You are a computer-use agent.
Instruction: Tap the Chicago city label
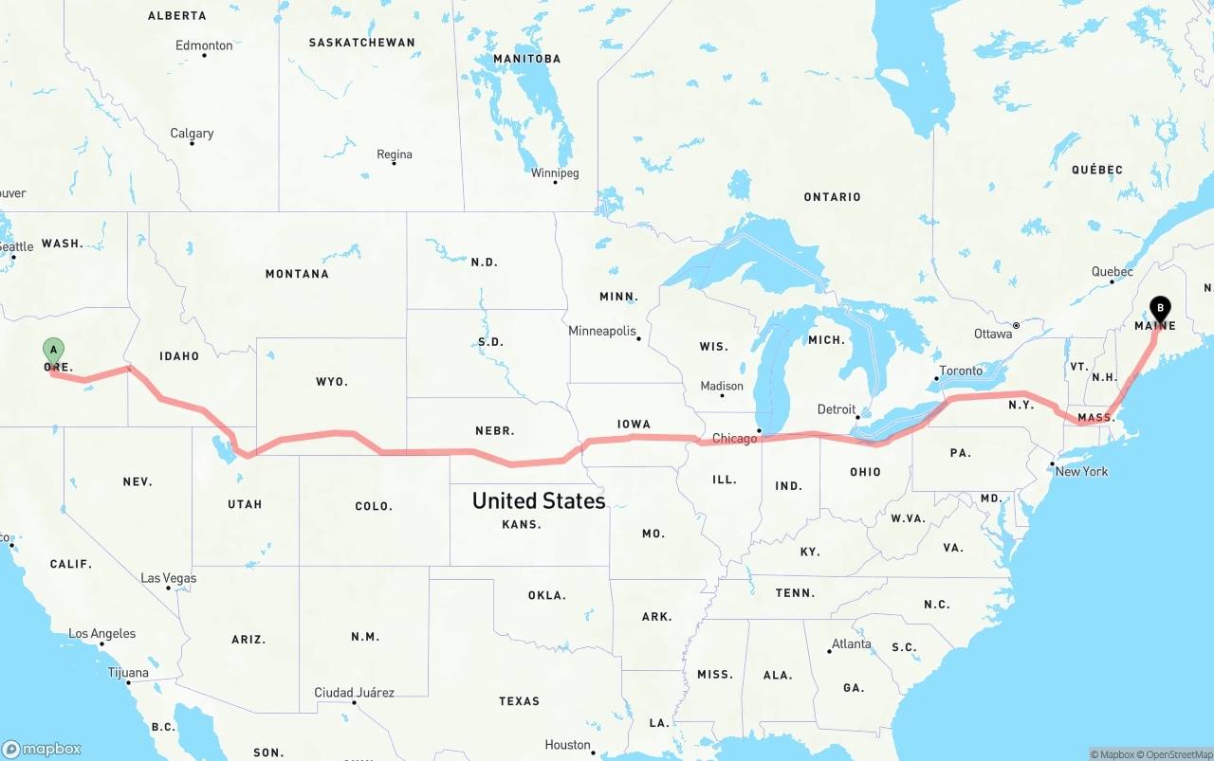click(734, 438)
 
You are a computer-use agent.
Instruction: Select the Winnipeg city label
click(554, 172)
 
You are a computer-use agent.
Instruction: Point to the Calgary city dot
click(193, 143)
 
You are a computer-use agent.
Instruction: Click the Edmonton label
click(204, 45)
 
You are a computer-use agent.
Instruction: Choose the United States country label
click(539, 500)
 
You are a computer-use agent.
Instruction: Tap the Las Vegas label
click(169, 578)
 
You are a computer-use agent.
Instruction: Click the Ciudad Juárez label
click(354, 693)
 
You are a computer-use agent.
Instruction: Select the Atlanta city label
click(851, 643)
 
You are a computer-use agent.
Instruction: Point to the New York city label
click(1081, 471)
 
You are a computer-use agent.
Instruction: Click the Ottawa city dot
click(1016, 325)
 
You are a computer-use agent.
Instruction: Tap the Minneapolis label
click(601, 331)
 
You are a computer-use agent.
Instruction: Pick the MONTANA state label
click(297, 274)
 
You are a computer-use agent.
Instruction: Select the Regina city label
click(394, 154)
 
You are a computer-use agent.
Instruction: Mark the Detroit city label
click(836, 409)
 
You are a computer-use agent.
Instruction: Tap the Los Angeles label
click(101, 633)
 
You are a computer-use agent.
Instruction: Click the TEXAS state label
click(519, 701)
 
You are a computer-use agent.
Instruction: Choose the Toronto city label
click(961, 371)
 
